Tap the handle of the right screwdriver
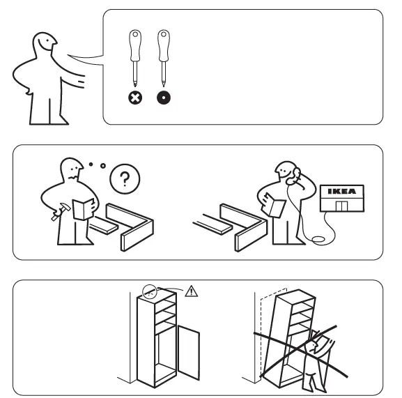(x=163, y=43)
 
